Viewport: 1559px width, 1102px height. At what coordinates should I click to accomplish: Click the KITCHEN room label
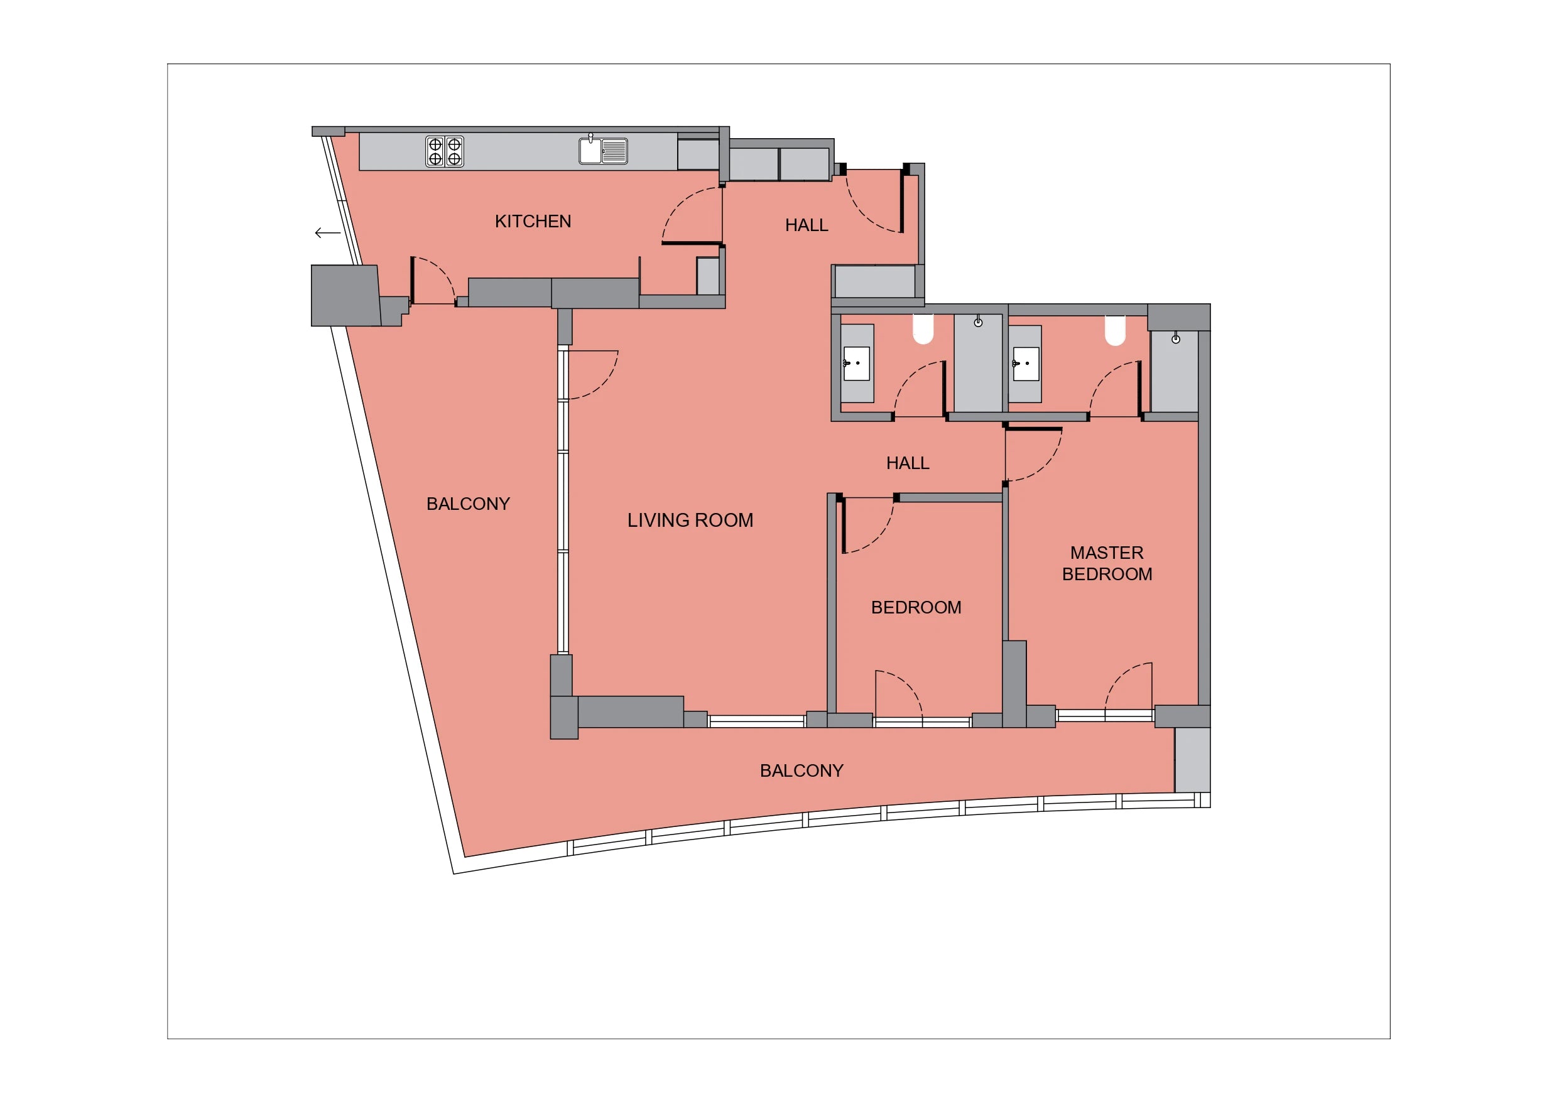click(533, 222)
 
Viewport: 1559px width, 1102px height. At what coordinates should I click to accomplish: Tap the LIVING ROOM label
click(690, 520)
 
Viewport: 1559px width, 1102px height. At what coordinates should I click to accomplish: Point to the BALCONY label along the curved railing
click(801, 770)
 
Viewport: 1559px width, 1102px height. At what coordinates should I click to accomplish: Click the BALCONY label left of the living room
click(468, 504)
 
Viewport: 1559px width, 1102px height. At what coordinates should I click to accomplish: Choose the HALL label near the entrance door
click(807, 225)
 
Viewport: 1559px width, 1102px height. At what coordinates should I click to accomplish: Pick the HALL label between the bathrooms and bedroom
click(907, 463)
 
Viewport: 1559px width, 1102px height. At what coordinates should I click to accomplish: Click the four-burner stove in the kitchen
click(445, 151)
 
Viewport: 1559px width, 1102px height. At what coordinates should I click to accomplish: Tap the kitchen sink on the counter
click(603, 150)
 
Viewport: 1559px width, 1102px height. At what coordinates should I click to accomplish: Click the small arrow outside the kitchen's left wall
click(327, 233)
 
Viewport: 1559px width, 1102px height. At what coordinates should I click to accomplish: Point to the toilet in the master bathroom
click(1115, 330)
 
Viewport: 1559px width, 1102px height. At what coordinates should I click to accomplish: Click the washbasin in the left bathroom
click(856, 364)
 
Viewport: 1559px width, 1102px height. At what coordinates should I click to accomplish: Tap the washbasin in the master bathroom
click(1025, 364)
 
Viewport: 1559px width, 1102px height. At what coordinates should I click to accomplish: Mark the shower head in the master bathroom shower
click(1175, 338)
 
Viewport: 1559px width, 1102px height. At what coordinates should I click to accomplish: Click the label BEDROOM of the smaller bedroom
click(916, 608)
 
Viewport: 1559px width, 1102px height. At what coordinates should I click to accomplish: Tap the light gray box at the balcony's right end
click(1192, 760)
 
